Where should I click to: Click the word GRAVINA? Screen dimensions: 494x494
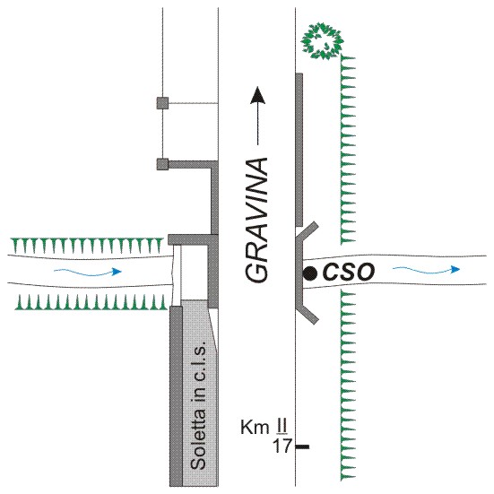click(x=256, y=220)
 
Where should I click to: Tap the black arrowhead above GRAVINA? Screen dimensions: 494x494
click(x=258, y=95)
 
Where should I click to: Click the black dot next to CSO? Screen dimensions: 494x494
click(x=310, y=273)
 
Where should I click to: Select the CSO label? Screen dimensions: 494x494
click(x=349, y=272)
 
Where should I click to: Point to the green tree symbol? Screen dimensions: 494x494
click(x=322, y=40)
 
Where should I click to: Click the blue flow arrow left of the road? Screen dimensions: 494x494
click(x=88, y=272)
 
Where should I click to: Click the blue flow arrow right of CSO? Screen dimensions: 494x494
click(x=426, y=269)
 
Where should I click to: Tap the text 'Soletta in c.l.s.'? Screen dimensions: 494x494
click(x=199, y=405)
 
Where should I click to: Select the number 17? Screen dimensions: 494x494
click(x=282, y=446)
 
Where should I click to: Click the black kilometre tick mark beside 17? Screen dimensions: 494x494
click(x=302, y=446)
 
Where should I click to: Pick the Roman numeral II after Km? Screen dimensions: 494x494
click(x=280, y=427)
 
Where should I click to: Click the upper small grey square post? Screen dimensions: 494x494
click(x=162, y=103)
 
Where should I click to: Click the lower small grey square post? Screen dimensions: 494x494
click(x=162, y=164)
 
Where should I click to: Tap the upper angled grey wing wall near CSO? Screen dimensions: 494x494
click(x=308, y=232)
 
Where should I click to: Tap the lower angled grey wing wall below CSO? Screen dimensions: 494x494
click(x=308, y=313)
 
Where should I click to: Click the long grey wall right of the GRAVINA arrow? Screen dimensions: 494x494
click(x=299, y=150)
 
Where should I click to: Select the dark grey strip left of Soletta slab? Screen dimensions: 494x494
click(x=176, y=395)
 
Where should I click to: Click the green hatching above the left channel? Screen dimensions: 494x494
click(x=87, y=246)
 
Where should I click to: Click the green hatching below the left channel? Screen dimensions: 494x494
click(x=91, y=302)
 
